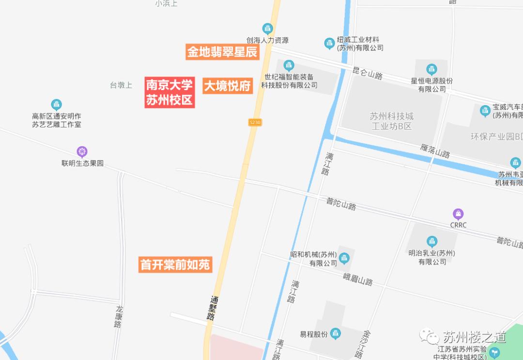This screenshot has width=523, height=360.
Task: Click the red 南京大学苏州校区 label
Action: (169, 92)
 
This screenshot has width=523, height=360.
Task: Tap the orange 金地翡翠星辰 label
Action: (222, 52)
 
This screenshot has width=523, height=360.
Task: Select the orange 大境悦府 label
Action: (227, 86)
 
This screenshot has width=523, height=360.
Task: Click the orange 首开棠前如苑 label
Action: (175, 265)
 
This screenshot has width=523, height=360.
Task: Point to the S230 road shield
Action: (255, 123)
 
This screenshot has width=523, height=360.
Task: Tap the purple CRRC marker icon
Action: (458, 214)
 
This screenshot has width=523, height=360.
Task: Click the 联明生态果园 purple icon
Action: (82, 152)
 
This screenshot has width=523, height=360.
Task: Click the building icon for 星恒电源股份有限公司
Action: (431, 69)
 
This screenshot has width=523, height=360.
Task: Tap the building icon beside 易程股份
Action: (335, 333)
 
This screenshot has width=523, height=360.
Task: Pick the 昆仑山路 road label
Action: (368, 74)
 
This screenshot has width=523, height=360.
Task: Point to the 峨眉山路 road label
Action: (358, 279)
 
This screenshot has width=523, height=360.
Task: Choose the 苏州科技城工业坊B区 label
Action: (391, 121)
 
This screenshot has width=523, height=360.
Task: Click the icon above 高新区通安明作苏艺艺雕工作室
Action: (57, 104)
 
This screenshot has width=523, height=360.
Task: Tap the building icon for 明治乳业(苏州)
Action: (432, 241)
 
